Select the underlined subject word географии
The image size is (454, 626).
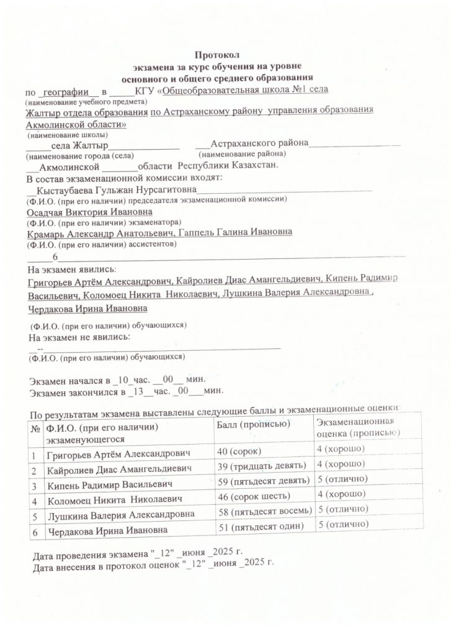click(x=65, y=91)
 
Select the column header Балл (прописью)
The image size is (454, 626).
click(x=252, y=424)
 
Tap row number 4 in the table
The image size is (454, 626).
click(x=34, y=500)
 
